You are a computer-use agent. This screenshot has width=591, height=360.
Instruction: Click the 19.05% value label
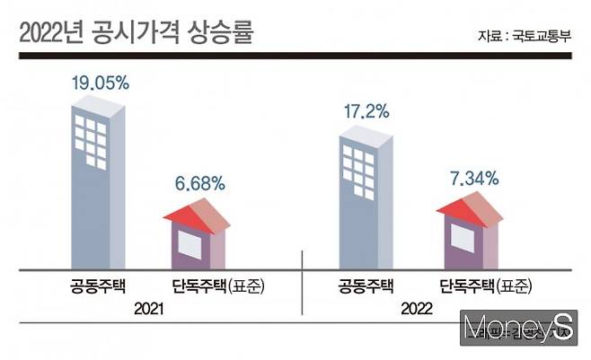[101, 83]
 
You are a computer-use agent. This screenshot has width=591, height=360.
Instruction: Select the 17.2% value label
[366, 112]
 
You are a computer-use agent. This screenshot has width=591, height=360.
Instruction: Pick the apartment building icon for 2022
[366, 198]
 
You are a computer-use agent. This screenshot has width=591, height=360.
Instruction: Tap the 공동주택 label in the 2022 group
[366, 287]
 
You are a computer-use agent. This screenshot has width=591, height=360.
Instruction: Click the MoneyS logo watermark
[522, 329]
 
